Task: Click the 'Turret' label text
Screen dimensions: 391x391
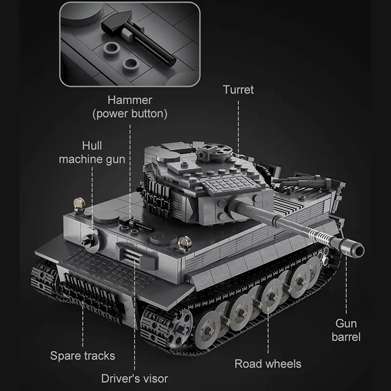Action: pos(238,90)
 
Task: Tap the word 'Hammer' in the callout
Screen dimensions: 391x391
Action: pos(130,100)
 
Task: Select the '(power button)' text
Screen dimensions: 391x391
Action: pos(130,114)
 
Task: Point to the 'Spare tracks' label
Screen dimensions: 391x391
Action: pos(83,356)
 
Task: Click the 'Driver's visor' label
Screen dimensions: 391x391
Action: pos(135,378)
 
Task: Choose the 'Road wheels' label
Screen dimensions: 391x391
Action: pos(268,364)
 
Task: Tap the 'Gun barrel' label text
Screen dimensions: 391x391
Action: pos(346,330)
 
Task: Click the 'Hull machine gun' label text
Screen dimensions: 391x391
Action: pos(92,152)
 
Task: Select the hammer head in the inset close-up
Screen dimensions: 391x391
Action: pos(117,23)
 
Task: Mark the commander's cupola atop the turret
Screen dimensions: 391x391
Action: pos(214,152)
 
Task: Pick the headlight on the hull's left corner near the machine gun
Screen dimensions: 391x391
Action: pos(79,204)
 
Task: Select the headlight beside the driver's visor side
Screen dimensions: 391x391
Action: pos(185,242)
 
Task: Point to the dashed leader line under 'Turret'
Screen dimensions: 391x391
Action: pos(238,129)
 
